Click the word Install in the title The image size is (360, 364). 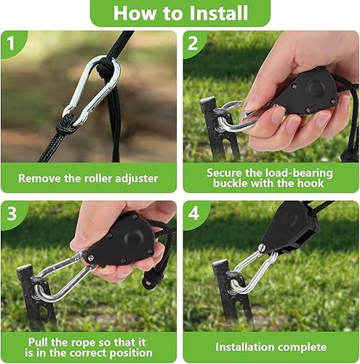click(x=218, y=13)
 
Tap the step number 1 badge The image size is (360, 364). click(x=11, y=43)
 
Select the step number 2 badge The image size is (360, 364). click(x=193, y=43)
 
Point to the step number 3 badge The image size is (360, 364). click(x=12, y=213)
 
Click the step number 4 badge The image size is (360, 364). click(x=193, y=213)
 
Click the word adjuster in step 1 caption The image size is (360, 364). click(x=137, y=179)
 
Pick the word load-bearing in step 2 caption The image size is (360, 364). click(x=299, y=173)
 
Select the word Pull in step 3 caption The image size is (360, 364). click(x=38, y=342)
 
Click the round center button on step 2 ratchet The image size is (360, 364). click(x=314, y=87)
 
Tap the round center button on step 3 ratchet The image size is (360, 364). click(x=133, y=237)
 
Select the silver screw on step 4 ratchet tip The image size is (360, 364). click(x=261, y=248)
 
